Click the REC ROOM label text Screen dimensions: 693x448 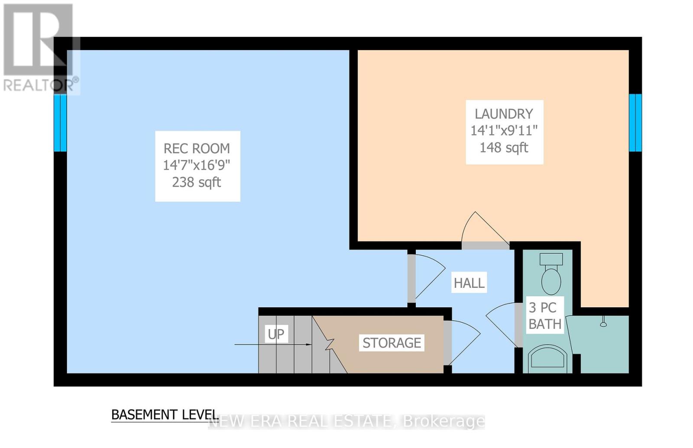pyautogui.click(x=197, y=149)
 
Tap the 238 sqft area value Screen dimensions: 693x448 pyautogui.click(x=197, y=182)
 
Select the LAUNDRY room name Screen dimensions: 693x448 pyautogui.click(x=504, y=114)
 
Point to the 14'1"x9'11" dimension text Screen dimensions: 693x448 pyautogui.click(x=504, y=130)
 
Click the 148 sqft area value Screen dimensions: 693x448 pyautogui.click(x=504, y=148)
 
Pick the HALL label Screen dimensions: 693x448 pyautogui.click(x=469, y=283)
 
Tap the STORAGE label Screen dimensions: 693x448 pyautogui.click(x=392, y=343)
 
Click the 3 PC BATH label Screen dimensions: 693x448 pyautogui.click(x=545, y=316)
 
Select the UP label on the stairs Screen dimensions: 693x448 pyautogui.click(x=276, y=334)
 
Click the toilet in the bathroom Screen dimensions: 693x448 pyautogui.click(x=551, y=274)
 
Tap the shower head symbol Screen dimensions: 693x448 pyautogui.click(x=603, y=322)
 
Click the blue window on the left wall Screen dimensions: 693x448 pyautogui.click(x=60, y=123)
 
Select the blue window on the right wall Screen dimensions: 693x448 pyautogui.click(x=635, y=123)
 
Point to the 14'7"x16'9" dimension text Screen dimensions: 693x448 pyautogui.click(x=197, y=165)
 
